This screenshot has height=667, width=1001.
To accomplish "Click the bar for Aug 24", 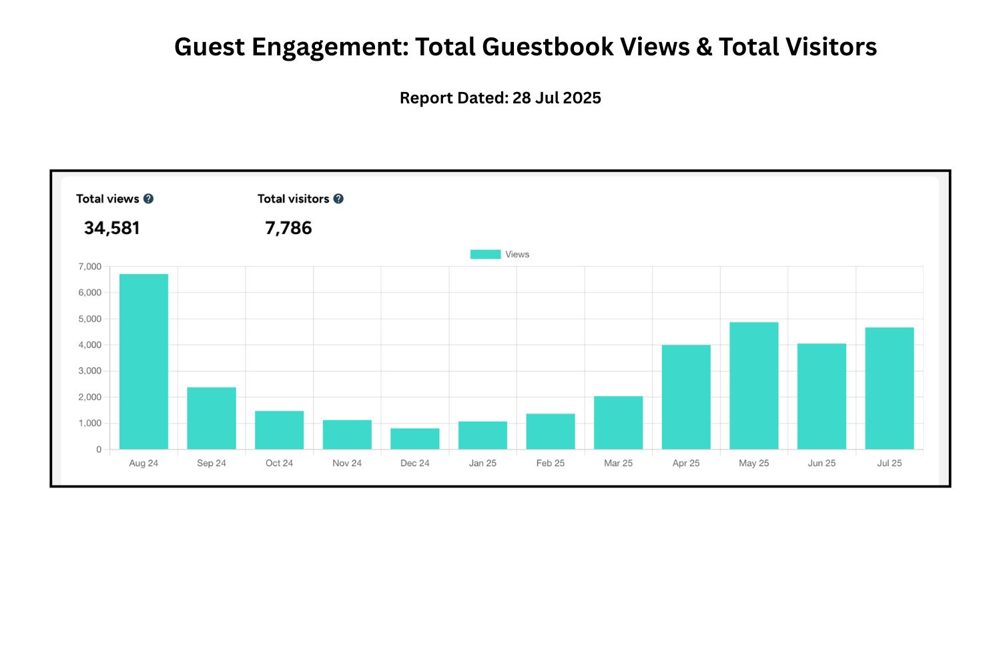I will click(x=143, y=361).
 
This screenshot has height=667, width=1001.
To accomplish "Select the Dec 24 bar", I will click(x=415, y=438).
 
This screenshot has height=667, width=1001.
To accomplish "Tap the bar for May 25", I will click(x=754, y=386).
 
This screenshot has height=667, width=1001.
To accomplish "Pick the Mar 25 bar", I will click(x=619, y=422).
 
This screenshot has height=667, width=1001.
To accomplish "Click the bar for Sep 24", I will click(x=212, y=418).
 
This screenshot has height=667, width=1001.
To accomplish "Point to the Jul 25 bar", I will click(x=890, y=388).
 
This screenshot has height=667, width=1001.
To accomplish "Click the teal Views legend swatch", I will click(x=485, y=254).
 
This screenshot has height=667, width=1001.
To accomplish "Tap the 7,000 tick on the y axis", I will click(x=90, y=267).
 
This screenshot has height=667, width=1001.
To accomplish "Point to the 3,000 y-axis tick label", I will click(x=90, y=371).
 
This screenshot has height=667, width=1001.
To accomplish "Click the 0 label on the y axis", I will click(x=99, y=450).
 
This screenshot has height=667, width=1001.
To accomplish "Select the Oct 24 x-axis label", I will click(x=279, y=463).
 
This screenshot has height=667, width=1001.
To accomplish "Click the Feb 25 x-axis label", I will click(x=551, y=463).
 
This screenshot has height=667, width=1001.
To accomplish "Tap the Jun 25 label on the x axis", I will click(x=821, y=463).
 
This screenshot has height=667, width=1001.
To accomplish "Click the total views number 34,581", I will click(x=112, y=228).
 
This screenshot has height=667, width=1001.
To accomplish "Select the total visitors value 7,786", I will click(x=289, y=228).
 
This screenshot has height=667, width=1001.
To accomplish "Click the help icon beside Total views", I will click(x=149, y=199).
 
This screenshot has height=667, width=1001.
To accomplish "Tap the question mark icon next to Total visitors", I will click(x=338, y=199).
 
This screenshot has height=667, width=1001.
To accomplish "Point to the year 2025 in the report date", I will click(x=582, y=98).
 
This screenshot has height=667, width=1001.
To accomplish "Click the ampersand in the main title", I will click(x=703, y=47).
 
